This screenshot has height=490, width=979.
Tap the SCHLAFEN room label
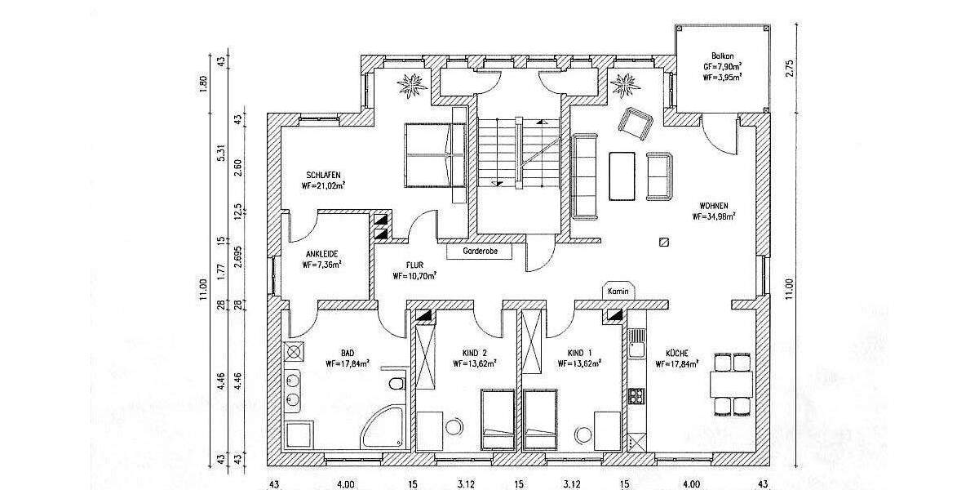click(x=323, y=174)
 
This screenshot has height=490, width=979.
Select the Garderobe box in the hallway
click(x=479, y=252)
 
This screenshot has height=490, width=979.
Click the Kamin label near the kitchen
click(x=616, y=290)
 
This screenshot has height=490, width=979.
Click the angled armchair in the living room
click(x=636, y=123)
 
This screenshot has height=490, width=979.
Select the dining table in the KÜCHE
click(x=731, y=383)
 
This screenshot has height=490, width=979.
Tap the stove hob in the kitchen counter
click(x=636, y=397)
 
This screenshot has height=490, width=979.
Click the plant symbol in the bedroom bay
click(x=410, y=83)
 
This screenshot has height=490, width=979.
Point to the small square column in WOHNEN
click(x=664, y=242)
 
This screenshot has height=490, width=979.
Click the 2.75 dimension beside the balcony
click(x=789, y=68)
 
